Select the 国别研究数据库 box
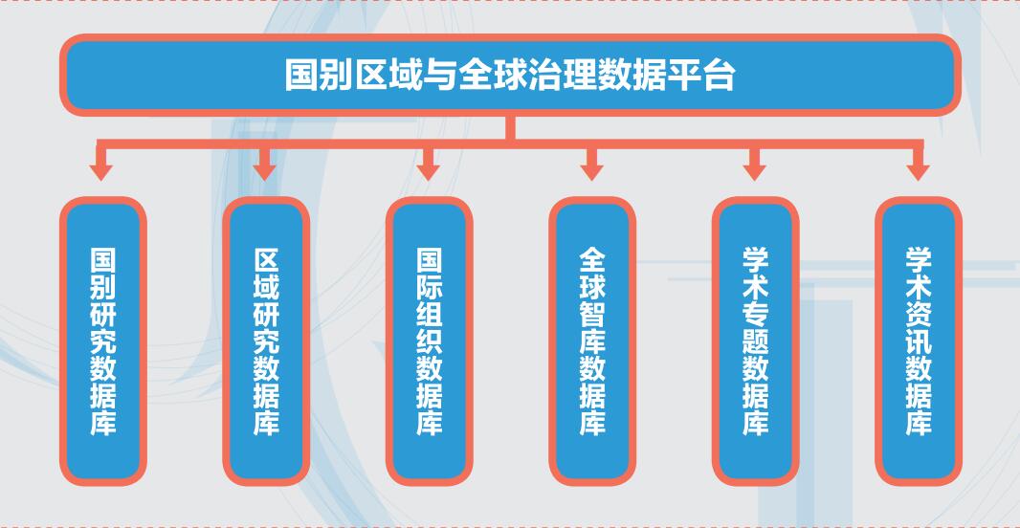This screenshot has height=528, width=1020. [102, 341]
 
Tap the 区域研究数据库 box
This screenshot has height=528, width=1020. [266, 341]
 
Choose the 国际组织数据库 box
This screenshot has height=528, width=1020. [429, 341]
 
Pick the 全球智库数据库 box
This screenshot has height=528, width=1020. [592, 341]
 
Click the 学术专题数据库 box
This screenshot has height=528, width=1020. [755, 341]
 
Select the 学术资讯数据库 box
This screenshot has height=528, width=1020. [919, 341]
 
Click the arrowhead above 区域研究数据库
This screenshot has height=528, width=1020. [265, 171]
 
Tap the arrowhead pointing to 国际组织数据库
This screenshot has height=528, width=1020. [429, 171]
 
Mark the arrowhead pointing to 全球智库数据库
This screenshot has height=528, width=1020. [592, 171]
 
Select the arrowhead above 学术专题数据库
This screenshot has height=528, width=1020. [755, 171]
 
